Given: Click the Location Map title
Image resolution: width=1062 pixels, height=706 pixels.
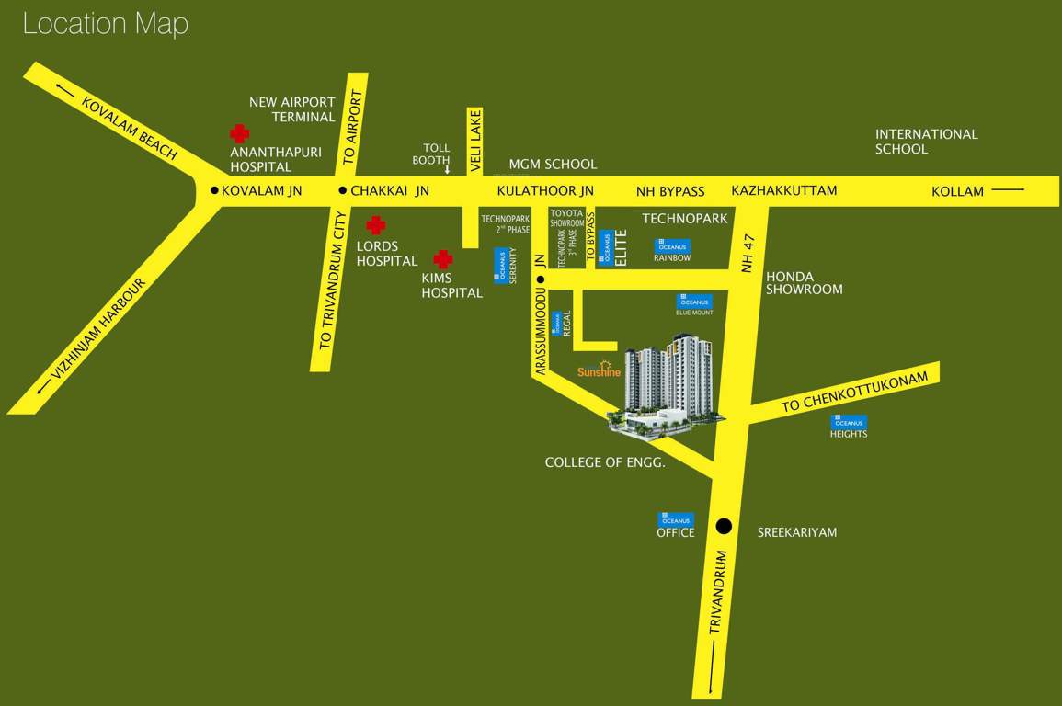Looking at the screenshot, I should [105, 24].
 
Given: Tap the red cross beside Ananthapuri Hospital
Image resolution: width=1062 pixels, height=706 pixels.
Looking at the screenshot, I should [239, 134].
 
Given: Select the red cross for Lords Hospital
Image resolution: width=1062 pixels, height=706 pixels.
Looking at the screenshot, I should [375, 225].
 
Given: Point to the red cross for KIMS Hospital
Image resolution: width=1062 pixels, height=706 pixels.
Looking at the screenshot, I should [443, 259].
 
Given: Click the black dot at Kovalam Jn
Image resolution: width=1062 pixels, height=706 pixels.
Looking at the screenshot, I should [214, 191].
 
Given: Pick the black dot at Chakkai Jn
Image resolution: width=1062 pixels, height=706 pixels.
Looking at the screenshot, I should [342, 191].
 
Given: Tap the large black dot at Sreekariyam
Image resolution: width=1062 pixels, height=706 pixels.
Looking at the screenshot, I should [724, 527].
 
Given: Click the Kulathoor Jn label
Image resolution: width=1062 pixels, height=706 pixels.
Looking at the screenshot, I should [545, 191].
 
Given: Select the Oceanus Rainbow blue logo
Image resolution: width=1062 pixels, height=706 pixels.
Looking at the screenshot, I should [672, 245].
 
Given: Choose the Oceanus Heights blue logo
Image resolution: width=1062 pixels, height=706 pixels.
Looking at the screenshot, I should [848, 421].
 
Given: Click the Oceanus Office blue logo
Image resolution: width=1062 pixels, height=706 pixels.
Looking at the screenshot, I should [676, 519].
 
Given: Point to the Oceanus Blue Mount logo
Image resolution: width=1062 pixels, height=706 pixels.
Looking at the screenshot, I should [694, 301].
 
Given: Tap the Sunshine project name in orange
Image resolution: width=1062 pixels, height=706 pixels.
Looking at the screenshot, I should [600, 371].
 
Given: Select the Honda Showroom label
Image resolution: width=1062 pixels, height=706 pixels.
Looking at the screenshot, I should [804, 282].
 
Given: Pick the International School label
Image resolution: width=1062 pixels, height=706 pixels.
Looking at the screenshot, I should [926, 142].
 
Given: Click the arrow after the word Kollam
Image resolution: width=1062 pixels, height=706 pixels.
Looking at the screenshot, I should [1009, 191].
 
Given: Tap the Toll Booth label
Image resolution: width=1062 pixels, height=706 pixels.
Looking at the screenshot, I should [436, 154].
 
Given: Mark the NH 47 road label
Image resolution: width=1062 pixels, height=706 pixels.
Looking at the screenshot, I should [748, 252].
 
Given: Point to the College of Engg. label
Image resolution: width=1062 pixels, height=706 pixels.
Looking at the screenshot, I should [604, 462].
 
